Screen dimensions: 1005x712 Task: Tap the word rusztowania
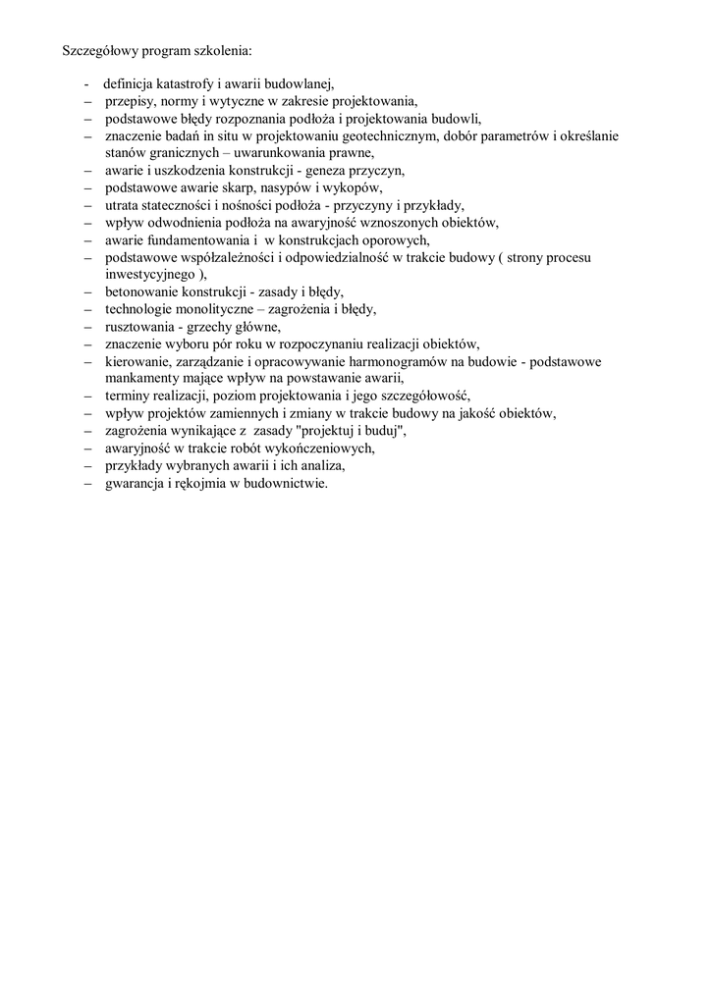(x=138, y=326)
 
